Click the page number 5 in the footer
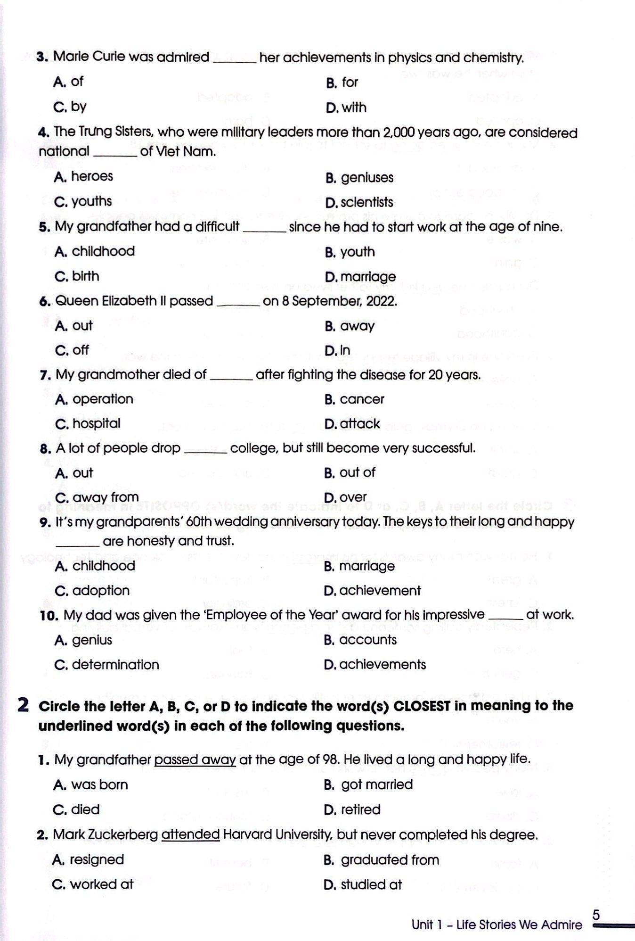click(x=596, y=915)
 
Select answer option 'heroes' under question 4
click(x=92, y=176)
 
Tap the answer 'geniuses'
click(x=367, y=178)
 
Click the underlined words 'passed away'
click(x=195, y=759)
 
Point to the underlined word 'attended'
click(x=190, y=834)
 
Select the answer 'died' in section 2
click(x=85, y=809)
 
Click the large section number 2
click(x=23, y=705)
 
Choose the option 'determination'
click(x=115, y=665)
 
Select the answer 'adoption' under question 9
click(x=101, y=591)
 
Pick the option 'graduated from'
click(x=390, y=859)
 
